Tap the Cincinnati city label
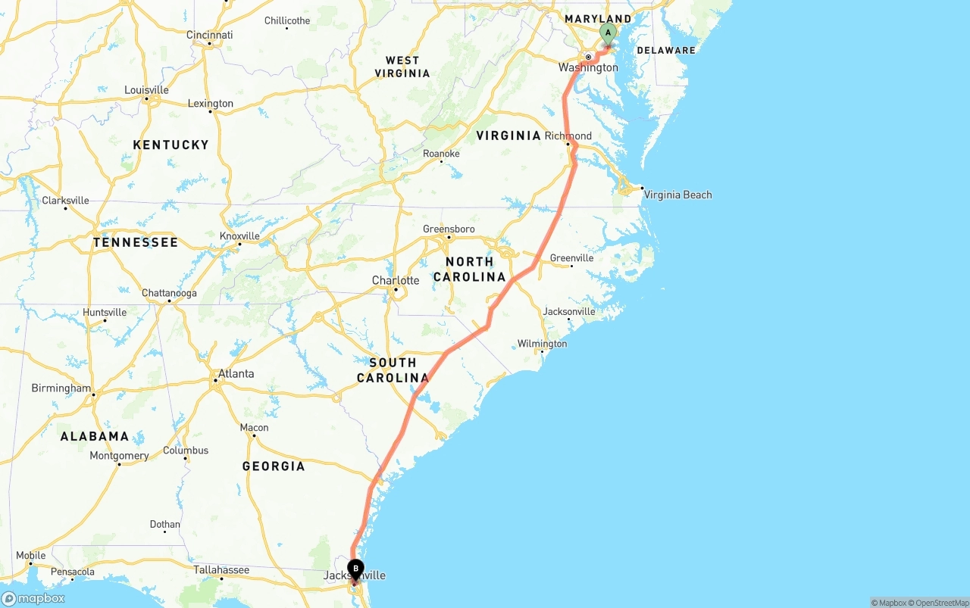point(210,35)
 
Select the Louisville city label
point(147,90)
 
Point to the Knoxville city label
point(239,236)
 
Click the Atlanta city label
point(236,374)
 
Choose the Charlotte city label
point(396,281)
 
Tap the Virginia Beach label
point(677,195)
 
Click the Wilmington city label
point(542,344)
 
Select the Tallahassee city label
point(221,570)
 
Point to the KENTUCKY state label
point(171,145)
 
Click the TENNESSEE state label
point(136,242)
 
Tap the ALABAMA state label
point(95,436)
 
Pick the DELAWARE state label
point(666,51)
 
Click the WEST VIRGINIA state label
point(402,67)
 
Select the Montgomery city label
point(119,456)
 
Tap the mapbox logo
point(34,598)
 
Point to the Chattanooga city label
point(169,293)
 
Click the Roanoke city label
point(441,154)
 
